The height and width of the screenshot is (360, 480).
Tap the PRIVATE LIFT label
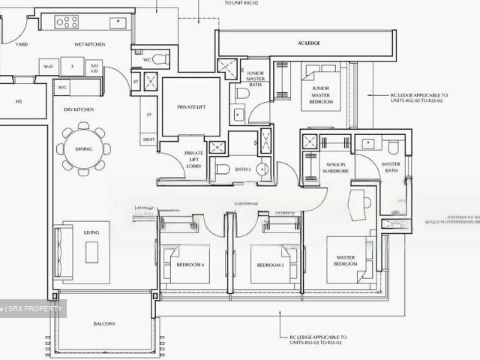[x=192, y=107]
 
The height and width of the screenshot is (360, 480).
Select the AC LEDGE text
[x=308, y=43]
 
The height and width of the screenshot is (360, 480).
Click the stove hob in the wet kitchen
[x=67, y=22]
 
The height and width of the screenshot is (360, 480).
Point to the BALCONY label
[x=104, y=324]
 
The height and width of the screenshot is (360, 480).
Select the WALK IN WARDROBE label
[x=335, y=168]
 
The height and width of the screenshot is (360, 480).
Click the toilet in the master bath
[x=393, y=147]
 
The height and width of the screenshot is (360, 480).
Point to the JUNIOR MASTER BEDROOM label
[x=320, y=95]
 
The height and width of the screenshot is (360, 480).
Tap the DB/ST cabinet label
[x=148, y=139]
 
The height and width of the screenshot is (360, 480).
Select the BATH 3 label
[x=242, y=169]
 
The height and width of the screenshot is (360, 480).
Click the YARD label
[x=22, y=44]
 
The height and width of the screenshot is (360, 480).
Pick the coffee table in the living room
[x=91, y=252]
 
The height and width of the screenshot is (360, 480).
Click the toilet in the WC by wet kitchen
[x=160, y=59]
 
